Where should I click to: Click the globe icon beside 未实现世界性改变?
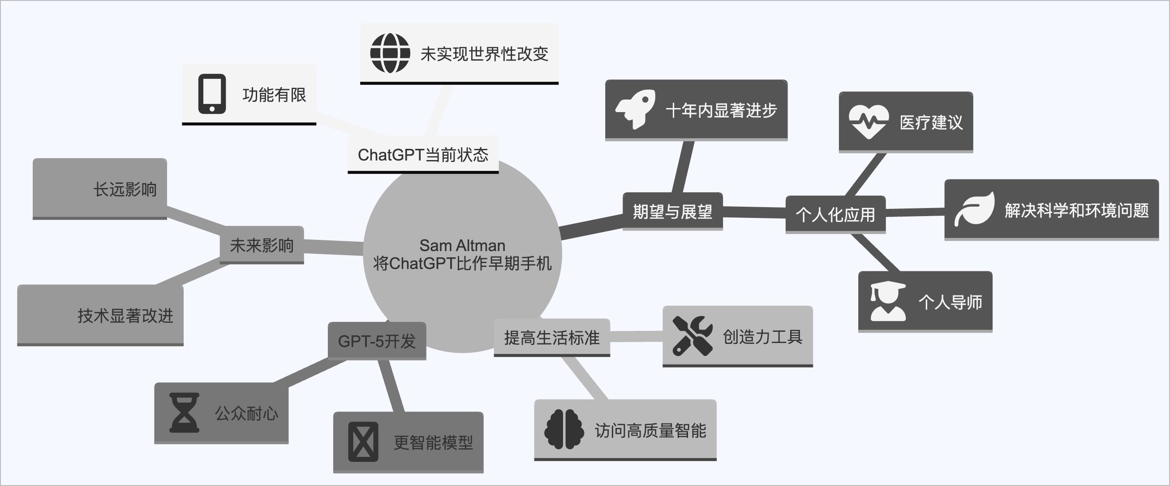coord(390,53)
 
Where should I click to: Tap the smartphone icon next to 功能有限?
coord(212,94)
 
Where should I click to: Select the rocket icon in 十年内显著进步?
coord(635,109)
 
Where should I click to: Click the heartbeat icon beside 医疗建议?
coord(869,121)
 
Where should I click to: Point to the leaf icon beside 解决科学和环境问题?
coord(974,209)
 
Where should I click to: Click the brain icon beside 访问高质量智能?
coord(564,429)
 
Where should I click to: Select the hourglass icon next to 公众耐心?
coord(184,412)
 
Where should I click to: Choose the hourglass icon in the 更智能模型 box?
coord(363,442)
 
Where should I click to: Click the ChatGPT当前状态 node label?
coord(423,155)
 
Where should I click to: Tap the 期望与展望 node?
coord(672,212)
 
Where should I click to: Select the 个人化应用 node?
coord(835,215)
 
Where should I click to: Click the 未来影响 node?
coord(262,245)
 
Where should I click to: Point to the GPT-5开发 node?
coord(377,341)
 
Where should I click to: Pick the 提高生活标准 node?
coord(551,338)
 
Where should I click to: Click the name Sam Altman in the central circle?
coord(462,245)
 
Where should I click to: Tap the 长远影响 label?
coord(125,189)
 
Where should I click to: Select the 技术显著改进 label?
coord(125,316)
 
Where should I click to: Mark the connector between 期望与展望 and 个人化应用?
coord(754,213)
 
